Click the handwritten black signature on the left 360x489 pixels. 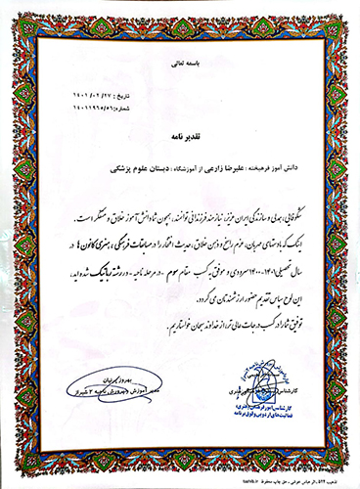point(102,379)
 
